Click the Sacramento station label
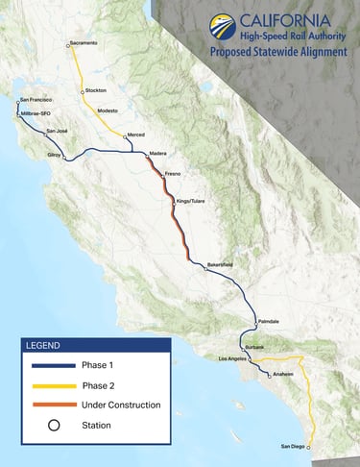84,43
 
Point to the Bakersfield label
221,263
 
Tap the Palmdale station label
269,320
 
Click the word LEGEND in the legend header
43,345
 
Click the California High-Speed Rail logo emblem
223,26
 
